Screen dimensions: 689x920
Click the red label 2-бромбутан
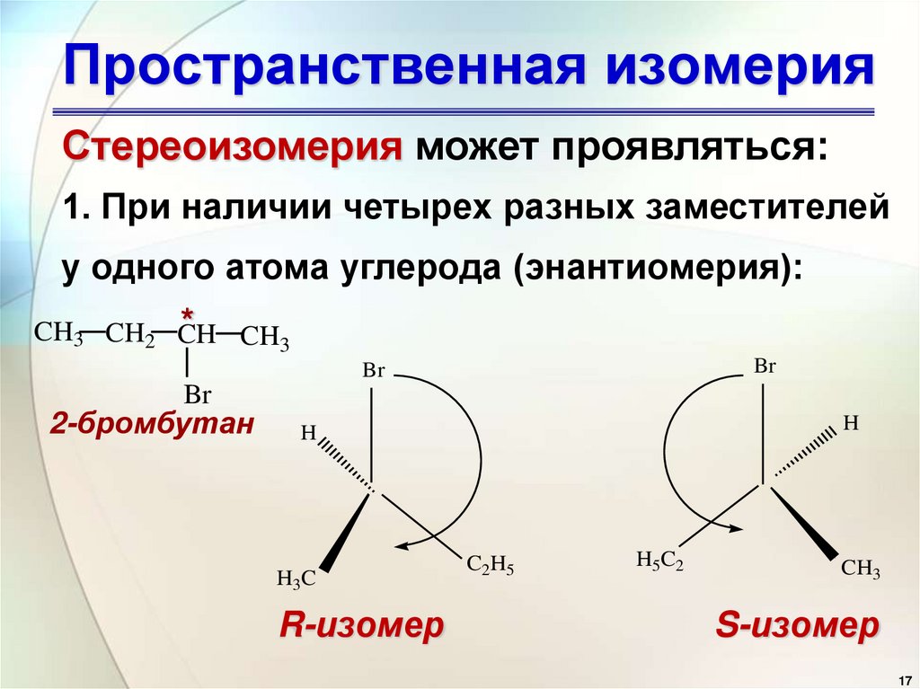(x=153, y=424)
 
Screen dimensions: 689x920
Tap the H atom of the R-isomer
(x=308, y=433)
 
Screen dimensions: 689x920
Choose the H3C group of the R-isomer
(x=296, y=579)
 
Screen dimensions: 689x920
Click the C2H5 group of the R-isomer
(x=490, y=566)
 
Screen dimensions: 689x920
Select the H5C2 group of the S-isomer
(x=659, y=561)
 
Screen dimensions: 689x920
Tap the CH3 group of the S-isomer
(x=860, y=570)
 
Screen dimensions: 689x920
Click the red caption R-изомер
(x=361, y=626)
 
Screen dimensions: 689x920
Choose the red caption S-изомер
(x=796, y=626)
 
